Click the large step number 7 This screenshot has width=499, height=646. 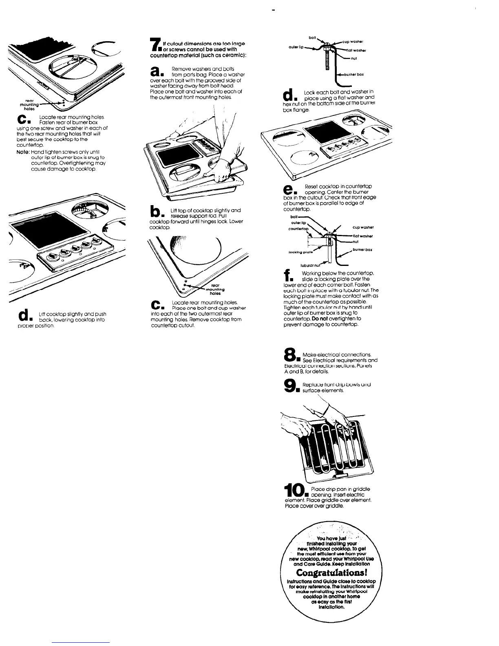tap(154, 45)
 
